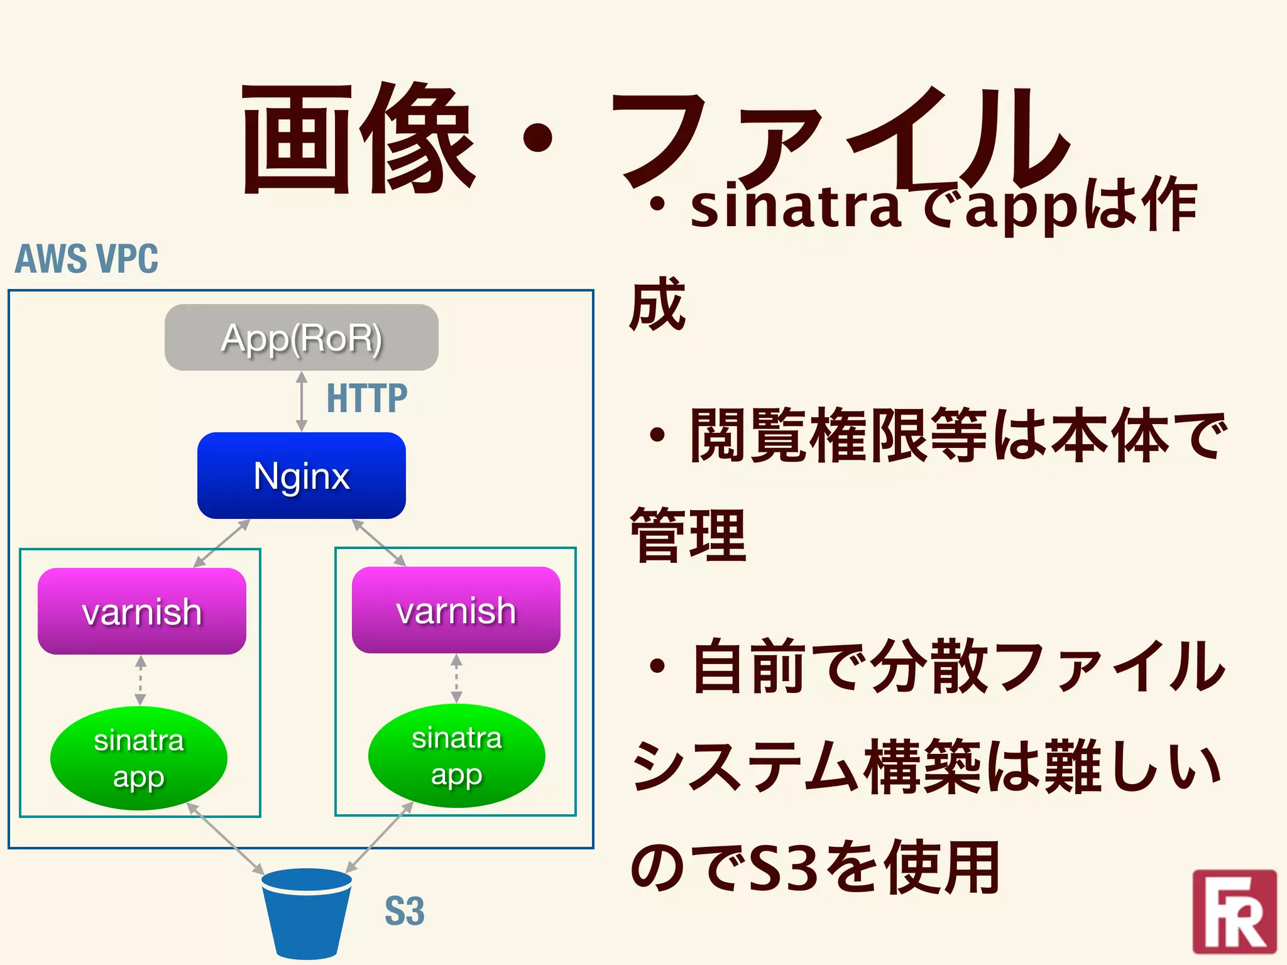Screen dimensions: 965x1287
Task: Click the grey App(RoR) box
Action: pos(301,337)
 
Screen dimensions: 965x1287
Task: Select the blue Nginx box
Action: pos(301,476)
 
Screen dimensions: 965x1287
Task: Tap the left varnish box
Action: pos(141,611)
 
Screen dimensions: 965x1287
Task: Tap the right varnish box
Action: pos(456,610)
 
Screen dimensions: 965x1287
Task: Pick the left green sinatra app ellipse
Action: pos(138,758)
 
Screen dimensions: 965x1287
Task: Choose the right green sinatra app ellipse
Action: pos(456,756)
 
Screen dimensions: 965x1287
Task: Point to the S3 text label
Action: pos(404,912)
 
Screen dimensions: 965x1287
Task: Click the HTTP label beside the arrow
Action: pos(367,398)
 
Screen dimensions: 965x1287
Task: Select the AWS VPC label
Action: pos(87,259)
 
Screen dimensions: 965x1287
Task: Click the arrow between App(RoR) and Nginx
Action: pos(302,401)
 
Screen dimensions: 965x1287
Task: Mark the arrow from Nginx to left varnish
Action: pos(221,543)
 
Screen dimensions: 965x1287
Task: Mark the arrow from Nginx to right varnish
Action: pos(379,543)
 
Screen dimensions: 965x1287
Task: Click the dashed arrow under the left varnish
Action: pos(141,680)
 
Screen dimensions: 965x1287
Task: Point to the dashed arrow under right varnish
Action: pos(457,679)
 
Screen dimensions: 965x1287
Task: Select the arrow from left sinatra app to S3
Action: pos(225,839)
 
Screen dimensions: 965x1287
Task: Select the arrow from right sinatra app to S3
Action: pos(380,837)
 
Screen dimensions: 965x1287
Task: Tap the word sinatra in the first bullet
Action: pos(796,207)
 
